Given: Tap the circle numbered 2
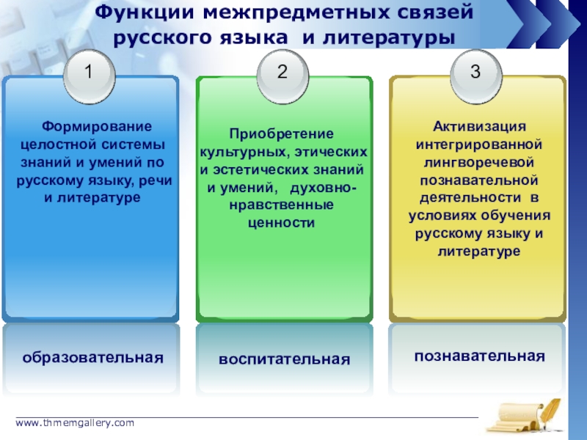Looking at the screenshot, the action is click(x=282, y=73).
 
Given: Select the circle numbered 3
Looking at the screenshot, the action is click(x=476, y=73).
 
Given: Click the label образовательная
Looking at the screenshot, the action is click(x=92, y=358).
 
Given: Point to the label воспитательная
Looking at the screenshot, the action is click(x=284, y=359).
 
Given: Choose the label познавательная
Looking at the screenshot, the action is click(x=479, y=356).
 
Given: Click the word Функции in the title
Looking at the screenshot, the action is click(x=145, y=12).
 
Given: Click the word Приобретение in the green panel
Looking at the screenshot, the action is click(x=281, y=134).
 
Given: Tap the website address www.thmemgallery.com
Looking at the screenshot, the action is click(x=76, y=423).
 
